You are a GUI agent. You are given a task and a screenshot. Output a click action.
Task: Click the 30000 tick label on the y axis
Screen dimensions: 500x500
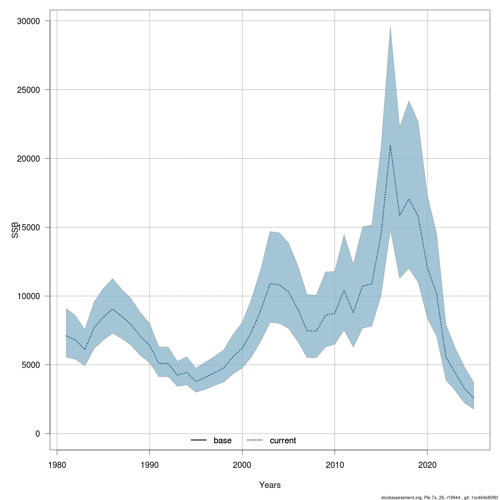[x=28, y=21]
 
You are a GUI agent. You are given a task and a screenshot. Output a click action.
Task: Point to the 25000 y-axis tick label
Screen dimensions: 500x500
[x=28, y=90]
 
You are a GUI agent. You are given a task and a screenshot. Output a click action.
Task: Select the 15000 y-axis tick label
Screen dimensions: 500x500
[x=28, y=227]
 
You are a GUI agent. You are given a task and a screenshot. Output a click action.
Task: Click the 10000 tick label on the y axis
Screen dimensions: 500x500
[x=28, y=296]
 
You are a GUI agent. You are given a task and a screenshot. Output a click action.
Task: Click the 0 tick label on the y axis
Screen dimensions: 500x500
[x=37, y=434]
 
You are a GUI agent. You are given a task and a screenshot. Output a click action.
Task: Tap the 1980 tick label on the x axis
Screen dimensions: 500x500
[x=57, y=465]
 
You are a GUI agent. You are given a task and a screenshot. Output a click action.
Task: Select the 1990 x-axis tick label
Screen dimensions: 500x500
[x=150, y=465]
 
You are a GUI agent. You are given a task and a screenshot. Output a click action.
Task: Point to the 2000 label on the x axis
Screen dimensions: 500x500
[x=242, y=465]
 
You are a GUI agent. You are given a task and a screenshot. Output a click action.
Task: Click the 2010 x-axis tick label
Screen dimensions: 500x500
[x=335, y=465]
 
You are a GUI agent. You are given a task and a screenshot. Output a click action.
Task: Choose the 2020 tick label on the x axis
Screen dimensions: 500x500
[x=427, y=465]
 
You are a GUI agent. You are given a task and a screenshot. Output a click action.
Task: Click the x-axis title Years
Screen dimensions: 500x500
[x=270, y=485]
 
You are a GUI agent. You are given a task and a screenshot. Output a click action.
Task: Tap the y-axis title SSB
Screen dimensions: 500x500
[x=15, y=230]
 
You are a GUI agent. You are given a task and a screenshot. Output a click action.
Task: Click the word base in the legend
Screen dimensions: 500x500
[x=222, y=440]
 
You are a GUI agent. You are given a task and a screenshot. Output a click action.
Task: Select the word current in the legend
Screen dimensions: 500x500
[x=283, y=440]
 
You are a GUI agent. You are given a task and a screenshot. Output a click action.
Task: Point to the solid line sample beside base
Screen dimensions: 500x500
[x=199, y=440]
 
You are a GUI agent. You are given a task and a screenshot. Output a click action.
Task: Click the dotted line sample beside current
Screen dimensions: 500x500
[x=255, y=440]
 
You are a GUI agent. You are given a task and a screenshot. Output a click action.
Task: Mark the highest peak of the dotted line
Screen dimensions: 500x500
[x=390, y=145]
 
